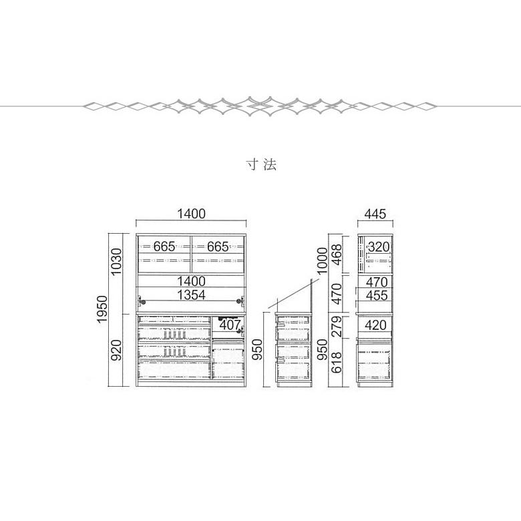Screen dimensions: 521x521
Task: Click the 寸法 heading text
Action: [x=260, y=164]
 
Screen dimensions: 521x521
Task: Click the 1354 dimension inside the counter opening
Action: [x=191, y=295]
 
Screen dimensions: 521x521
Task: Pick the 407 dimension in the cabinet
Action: [x=229, y=326]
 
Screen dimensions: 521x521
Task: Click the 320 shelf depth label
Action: [x=377, y=246]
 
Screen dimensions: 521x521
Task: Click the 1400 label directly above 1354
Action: [x=191, y=281]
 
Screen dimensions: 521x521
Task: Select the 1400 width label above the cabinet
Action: [x=191, y=214]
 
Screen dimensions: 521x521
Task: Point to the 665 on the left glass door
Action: [x=164, y=246]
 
